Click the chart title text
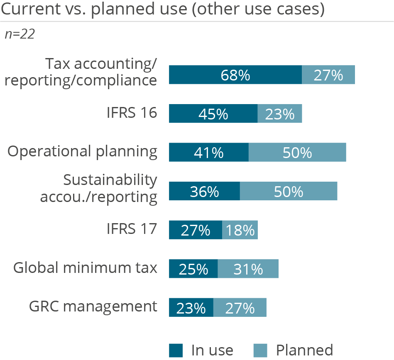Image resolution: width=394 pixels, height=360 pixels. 162,10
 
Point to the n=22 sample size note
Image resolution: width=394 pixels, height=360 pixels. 20,34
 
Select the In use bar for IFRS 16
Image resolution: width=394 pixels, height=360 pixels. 213,114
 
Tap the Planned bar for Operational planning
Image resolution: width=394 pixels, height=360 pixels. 297,152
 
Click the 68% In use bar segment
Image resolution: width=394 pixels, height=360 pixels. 235,75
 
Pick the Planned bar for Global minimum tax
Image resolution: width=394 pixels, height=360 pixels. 248,269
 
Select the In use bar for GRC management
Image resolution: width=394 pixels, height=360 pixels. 191,308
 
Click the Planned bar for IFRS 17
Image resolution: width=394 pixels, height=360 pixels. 240,230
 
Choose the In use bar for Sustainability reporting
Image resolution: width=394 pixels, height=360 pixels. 204,191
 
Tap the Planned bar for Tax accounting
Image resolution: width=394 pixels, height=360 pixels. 328,75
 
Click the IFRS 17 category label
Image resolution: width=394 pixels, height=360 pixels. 131,229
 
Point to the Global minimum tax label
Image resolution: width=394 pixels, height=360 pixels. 85,268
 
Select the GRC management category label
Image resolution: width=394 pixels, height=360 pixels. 93,306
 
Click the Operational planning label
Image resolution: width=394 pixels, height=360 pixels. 83,151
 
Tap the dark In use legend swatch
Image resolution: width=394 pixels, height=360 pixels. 176,350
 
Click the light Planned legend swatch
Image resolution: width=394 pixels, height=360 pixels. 261,350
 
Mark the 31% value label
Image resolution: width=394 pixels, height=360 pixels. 248,270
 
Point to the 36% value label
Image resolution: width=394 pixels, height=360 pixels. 204,192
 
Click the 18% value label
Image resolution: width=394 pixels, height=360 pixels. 240,231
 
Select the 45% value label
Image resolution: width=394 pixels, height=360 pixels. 213,114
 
